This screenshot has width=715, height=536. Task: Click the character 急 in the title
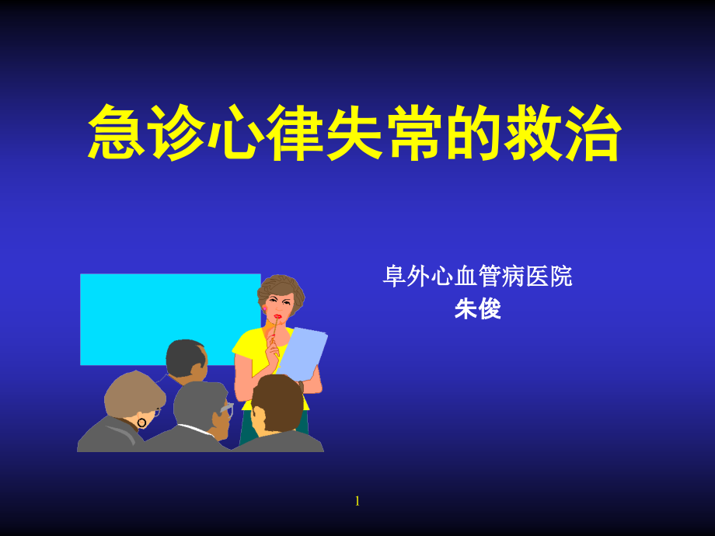117,133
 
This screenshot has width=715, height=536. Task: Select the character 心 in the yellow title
236,133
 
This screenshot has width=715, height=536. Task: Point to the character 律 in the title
296,133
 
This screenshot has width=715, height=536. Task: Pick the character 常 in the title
416,133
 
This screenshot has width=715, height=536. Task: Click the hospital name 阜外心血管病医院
477,277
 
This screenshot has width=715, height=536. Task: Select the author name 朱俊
477,309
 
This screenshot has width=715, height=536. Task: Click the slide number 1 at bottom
357,501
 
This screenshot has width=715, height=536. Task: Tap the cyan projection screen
155,311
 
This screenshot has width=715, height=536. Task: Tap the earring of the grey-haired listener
141,423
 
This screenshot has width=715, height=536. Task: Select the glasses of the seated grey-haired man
225,409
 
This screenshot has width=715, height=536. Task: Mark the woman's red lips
277,316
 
